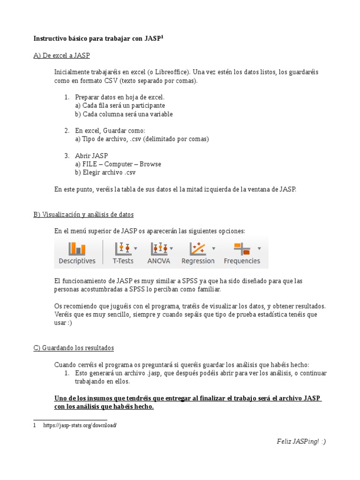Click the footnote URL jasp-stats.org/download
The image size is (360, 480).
click(80, 425)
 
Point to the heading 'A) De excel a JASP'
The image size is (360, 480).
click(61, 55)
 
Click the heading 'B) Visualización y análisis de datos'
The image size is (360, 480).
click(83, 214)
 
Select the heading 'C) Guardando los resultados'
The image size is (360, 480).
click(74, 348)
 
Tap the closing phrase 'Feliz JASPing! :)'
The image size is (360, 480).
click(300, 442)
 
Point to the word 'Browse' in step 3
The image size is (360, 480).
click(150, 164)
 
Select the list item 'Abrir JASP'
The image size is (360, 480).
click(91, 156)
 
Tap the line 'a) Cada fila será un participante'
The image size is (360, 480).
click(120, 105)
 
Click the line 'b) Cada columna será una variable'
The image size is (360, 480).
click(124, 114)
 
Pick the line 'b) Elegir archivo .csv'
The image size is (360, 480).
click(105, 172)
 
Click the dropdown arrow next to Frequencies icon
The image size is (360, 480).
click(259, 248)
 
